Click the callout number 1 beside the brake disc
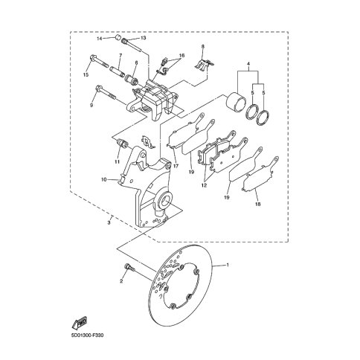tap(228, 265)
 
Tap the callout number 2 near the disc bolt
tap(121, 281)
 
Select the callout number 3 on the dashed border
tap(109, 222)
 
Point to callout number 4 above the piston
tap(248, 64)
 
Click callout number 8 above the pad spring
tap(202, 46)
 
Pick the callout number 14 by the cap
tap(100, 39)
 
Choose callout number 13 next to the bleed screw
tap(144, 38)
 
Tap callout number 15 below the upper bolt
tap(86, 74)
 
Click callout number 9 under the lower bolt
tap(91, 106)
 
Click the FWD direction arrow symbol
tap(80, 323)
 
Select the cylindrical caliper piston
tap(237, 100)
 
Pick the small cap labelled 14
tap(118, 38)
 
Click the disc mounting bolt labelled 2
tap(129, 268)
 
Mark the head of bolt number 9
tap(98, 88)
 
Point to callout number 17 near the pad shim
tap(176, 167)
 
